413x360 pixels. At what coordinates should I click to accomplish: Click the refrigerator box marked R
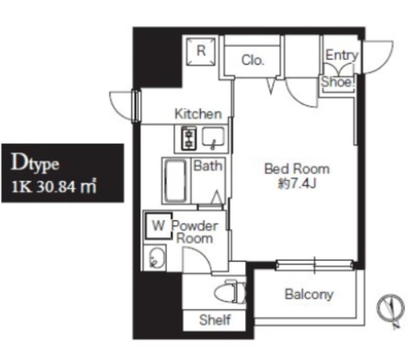pos(201,52)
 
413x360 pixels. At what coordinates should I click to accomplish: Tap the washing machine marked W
pos(158,226)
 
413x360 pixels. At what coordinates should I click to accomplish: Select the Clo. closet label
pos(252,60)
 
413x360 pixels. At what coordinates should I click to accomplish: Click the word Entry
pos(342,55)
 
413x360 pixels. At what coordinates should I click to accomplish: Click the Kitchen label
pos(198,114)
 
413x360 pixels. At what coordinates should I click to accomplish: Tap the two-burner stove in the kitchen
pos(189,138)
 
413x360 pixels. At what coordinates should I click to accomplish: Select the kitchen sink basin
pos(213,137)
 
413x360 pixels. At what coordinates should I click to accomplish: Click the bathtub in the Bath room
pos(175,181)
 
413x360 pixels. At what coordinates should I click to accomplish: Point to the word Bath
pos(208,166)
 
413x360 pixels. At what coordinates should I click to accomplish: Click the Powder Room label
pos(195,232)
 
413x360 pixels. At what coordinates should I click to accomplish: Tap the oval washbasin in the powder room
pos(156,257)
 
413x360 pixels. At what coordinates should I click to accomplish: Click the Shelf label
pos(215,320)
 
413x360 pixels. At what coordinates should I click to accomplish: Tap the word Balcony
pos(309,294)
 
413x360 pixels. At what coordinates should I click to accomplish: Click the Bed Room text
pos(297,169)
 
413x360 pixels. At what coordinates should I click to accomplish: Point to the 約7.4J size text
pos(297,183)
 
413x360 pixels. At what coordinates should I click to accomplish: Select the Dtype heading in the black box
pos(35,163)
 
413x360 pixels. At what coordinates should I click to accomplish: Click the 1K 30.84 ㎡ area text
pos(54,186)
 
